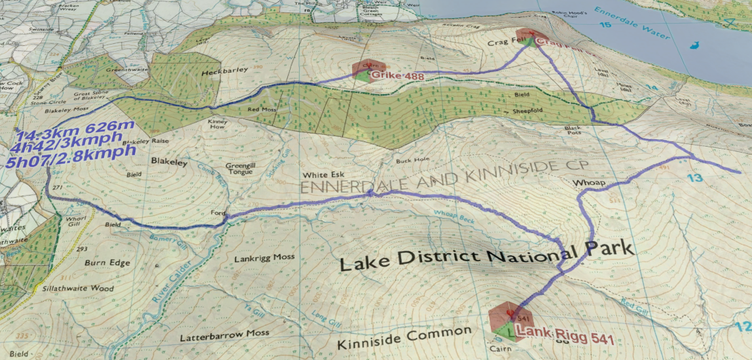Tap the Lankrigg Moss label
tap(265, 258)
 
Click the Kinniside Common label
tap(404, 338)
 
